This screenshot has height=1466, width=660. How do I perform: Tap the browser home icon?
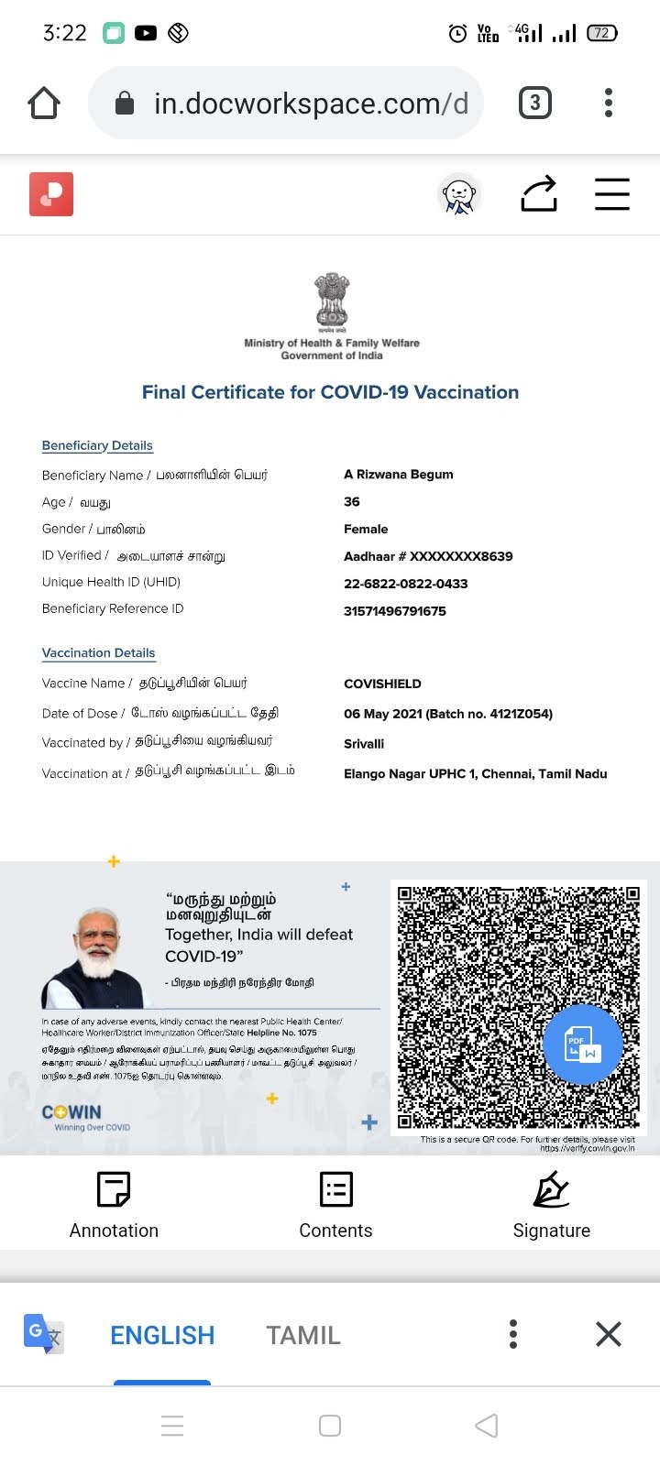(x=44, y=104)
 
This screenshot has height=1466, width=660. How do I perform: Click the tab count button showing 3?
(x=535, y=103)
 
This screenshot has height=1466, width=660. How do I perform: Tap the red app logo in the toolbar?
(x=51, y=194)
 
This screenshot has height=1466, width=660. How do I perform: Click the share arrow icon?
(x=539, y=194)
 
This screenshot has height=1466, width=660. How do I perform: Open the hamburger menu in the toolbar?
(x=611, y=194)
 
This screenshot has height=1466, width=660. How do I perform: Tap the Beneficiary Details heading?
(x=97, y=445)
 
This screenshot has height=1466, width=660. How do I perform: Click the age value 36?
(x=352, y=501)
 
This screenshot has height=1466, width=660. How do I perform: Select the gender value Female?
(x=366, y=529)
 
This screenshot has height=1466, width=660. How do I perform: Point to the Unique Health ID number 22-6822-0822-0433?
(x=405, y=584)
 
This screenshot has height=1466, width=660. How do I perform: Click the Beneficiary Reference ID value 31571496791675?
(x=394, y=611)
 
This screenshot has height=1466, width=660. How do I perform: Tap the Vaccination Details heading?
(x=98, y=653)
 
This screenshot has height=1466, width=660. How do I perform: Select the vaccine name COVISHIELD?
(x=382, y=684)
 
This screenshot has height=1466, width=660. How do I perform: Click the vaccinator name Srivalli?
(x=364, y=744)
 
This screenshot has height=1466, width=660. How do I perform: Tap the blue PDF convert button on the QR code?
(x=582, y=1045)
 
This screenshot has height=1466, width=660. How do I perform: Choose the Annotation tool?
(x=114, y=1205)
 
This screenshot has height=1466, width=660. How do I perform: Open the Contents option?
(x=335, y=1205)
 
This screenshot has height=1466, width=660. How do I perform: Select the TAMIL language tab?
(x=303, y=1335)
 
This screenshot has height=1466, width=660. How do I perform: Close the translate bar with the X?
(x=609, y=1334)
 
